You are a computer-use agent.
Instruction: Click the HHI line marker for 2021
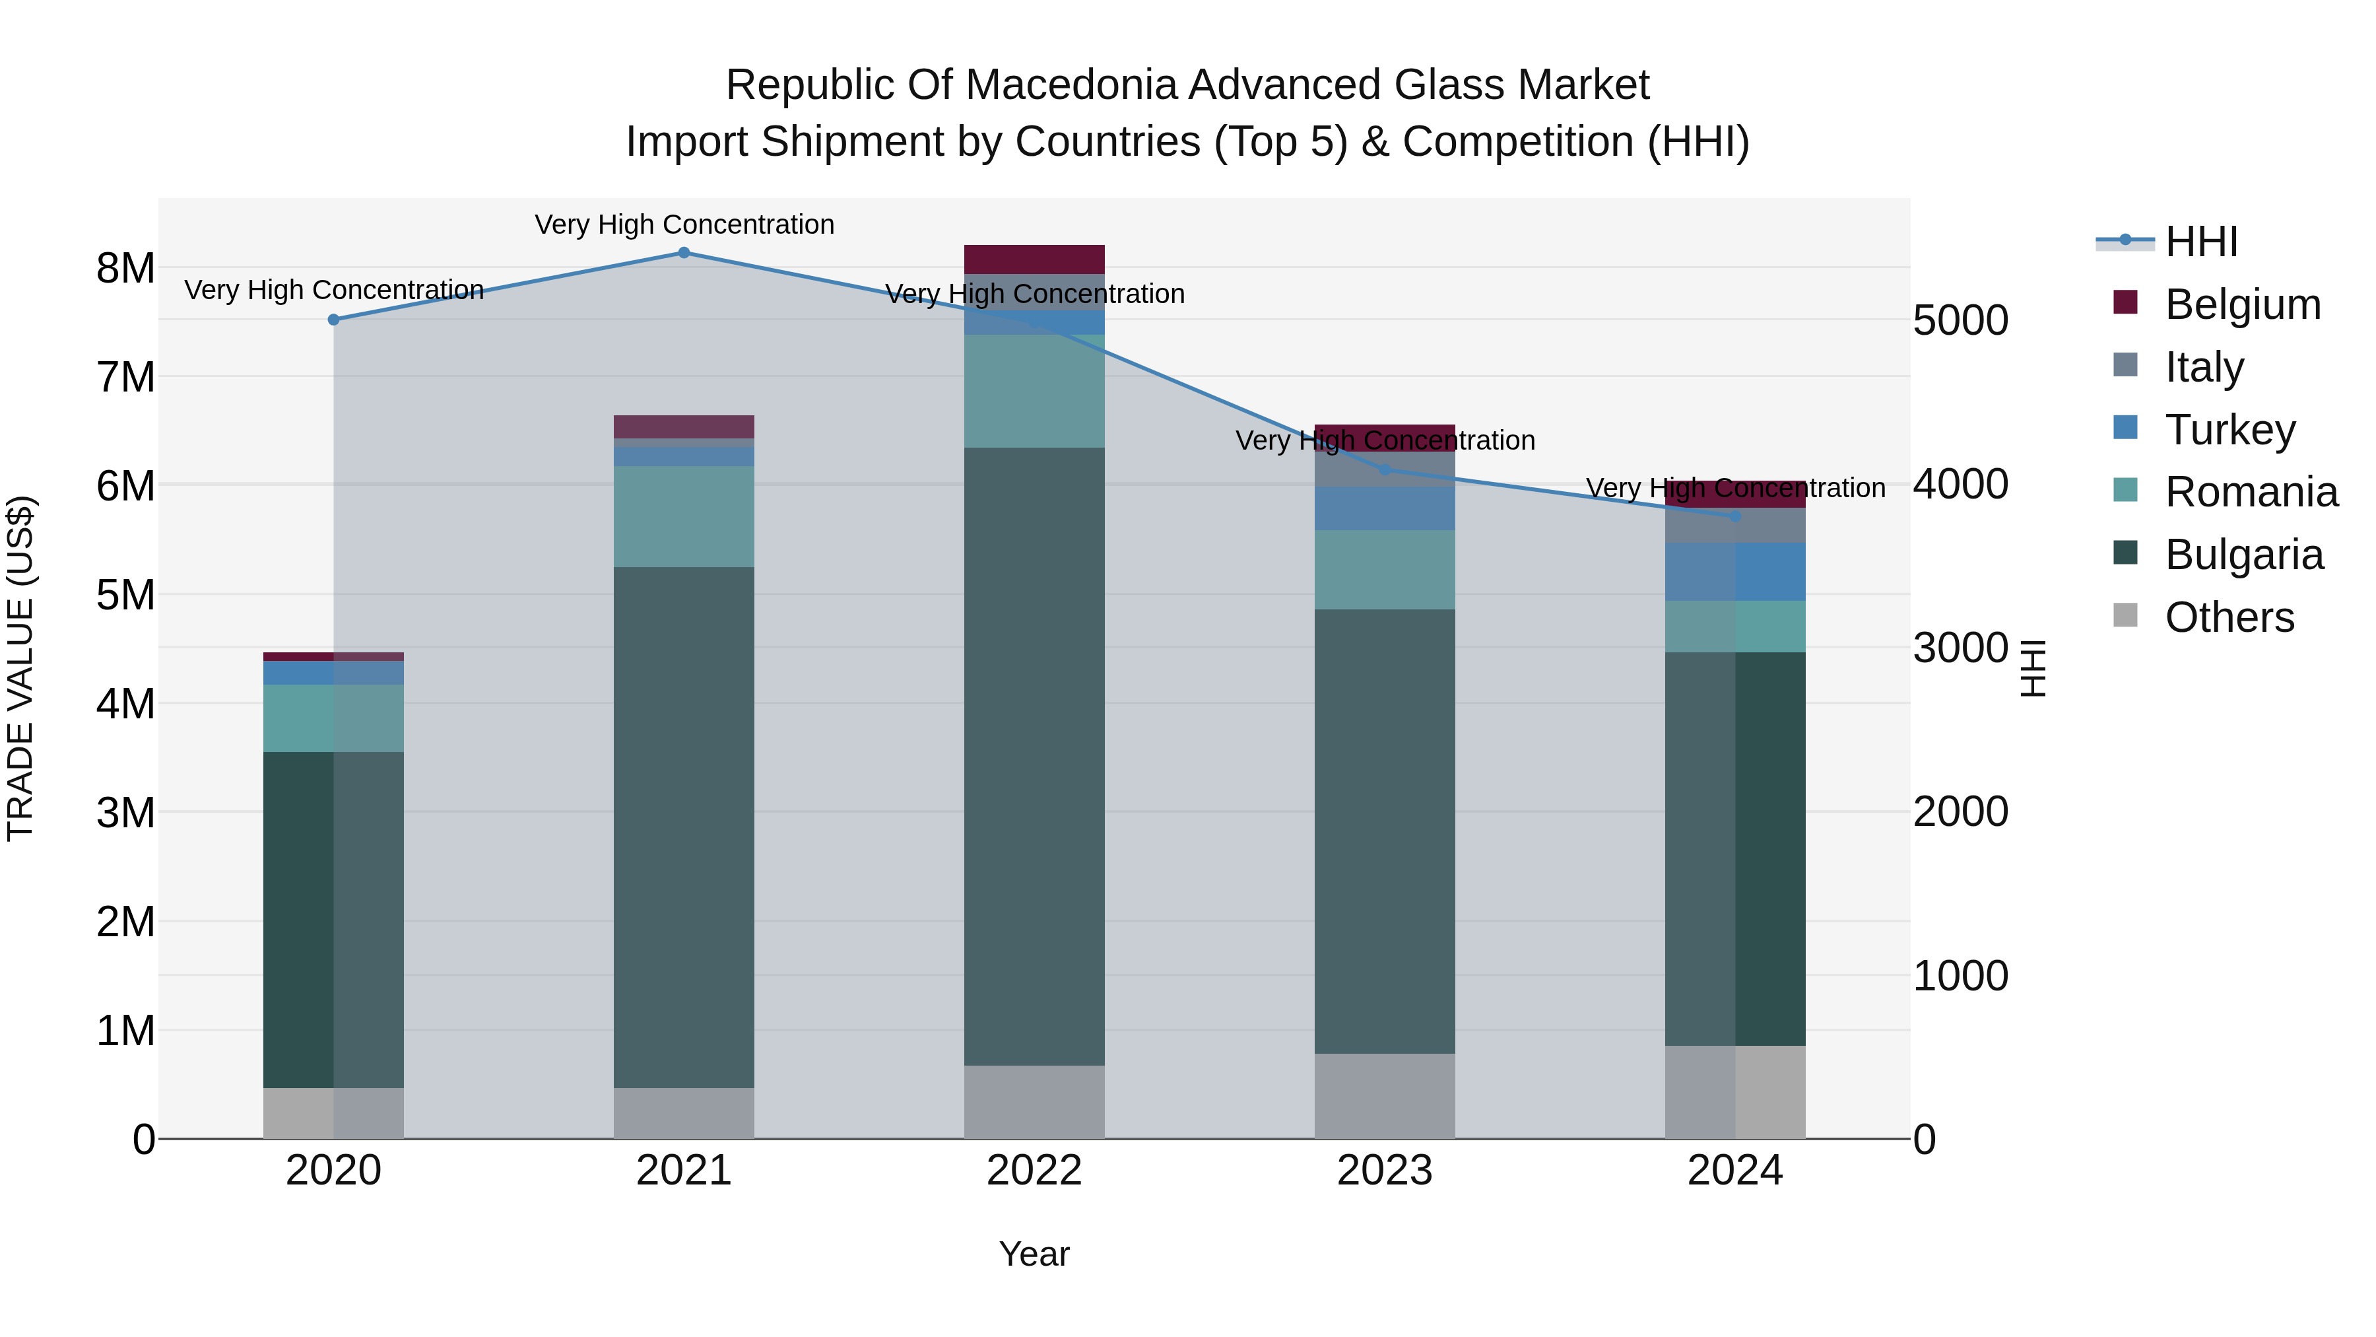click(x=684, y=253)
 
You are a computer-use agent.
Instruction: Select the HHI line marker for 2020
click(x=334, y=320)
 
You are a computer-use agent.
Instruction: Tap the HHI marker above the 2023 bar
click(x=1385, y=469)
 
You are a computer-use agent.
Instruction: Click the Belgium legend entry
click(x=2241, y=304)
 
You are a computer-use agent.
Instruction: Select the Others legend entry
click(x=2228, y=617)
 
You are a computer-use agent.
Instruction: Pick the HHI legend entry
click(x=2200, y=242)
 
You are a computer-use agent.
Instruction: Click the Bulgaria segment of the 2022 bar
click(x=1034, y=757)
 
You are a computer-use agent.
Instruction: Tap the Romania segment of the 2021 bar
click(x=684, y=517)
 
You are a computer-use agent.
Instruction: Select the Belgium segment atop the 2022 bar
click(x=1034, y=259)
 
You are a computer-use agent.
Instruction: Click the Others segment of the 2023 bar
click(x=1385, y=1096)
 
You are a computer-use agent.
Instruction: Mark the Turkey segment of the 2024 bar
click(x=1735, y=572)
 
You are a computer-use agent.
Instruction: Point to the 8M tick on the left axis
click(x=125, y=269)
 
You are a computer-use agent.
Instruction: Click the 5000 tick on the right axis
click(x=1960, y=321)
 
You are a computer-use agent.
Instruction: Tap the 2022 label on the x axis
click(x=1034, y=1171)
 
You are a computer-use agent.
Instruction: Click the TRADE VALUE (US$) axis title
click(x=20, y=668)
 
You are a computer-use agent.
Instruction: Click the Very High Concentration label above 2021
click(x=684, y=225)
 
